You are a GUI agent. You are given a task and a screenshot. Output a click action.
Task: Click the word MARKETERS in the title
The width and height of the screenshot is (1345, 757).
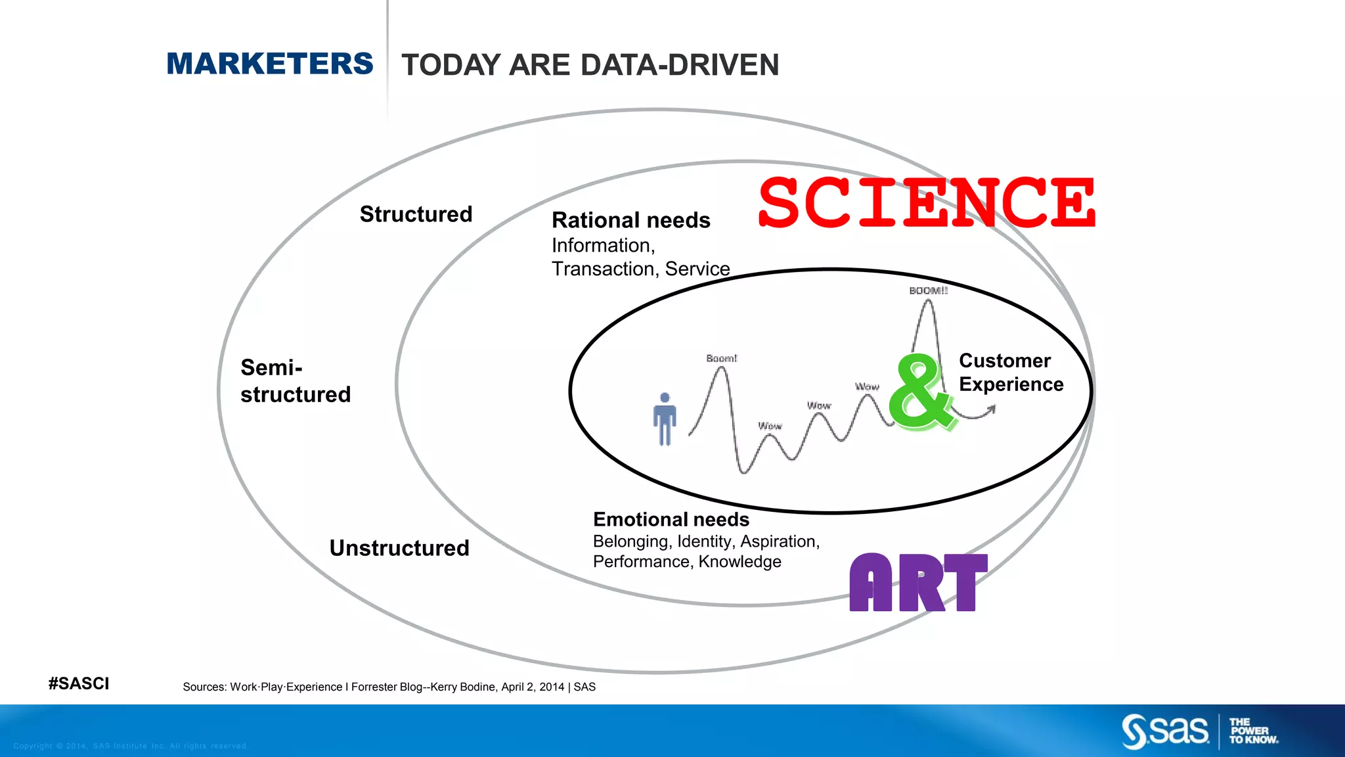(x=269, y=64)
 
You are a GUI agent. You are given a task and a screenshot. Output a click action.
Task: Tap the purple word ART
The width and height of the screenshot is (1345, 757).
(x=918, y=583)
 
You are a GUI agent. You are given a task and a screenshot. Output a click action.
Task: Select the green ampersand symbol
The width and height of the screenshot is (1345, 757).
(x=919, y=392)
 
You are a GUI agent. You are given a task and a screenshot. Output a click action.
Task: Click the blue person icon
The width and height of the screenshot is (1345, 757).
(x=665, y=419)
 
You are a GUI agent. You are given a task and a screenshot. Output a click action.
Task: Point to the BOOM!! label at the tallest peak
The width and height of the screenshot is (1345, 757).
(x=928, y=290)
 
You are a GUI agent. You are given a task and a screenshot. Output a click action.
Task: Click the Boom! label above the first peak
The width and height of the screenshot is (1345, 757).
(x=721, y=358)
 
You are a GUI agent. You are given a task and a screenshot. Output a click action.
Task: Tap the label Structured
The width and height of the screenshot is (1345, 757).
(x=416, y=214)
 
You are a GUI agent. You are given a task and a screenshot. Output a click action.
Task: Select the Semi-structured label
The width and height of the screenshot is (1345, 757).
(x=295, y=381)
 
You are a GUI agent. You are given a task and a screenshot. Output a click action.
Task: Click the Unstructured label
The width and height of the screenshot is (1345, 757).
(x=399, y=548)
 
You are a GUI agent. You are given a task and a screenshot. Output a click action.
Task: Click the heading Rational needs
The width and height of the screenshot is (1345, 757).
(x=630, y=220)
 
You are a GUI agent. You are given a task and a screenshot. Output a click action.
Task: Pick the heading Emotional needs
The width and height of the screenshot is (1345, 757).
(x=671, y=520)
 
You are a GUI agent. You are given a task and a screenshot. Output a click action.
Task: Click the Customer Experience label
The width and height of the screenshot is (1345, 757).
(x=1010, y=373)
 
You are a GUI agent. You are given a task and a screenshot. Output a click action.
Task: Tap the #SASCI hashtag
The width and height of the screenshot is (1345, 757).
(x=79, y=683)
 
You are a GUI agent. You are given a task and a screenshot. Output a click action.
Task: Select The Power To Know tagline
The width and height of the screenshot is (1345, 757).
(x=1253, y=731)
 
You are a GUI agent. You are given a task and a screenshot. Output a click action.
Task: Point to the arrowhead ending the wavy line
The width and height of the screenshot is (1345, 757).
(x=992, y=409)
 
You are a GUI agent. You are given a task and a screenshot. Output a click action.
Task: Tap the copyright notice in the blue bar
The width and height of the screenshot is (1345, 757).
(x=130, y=746)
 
